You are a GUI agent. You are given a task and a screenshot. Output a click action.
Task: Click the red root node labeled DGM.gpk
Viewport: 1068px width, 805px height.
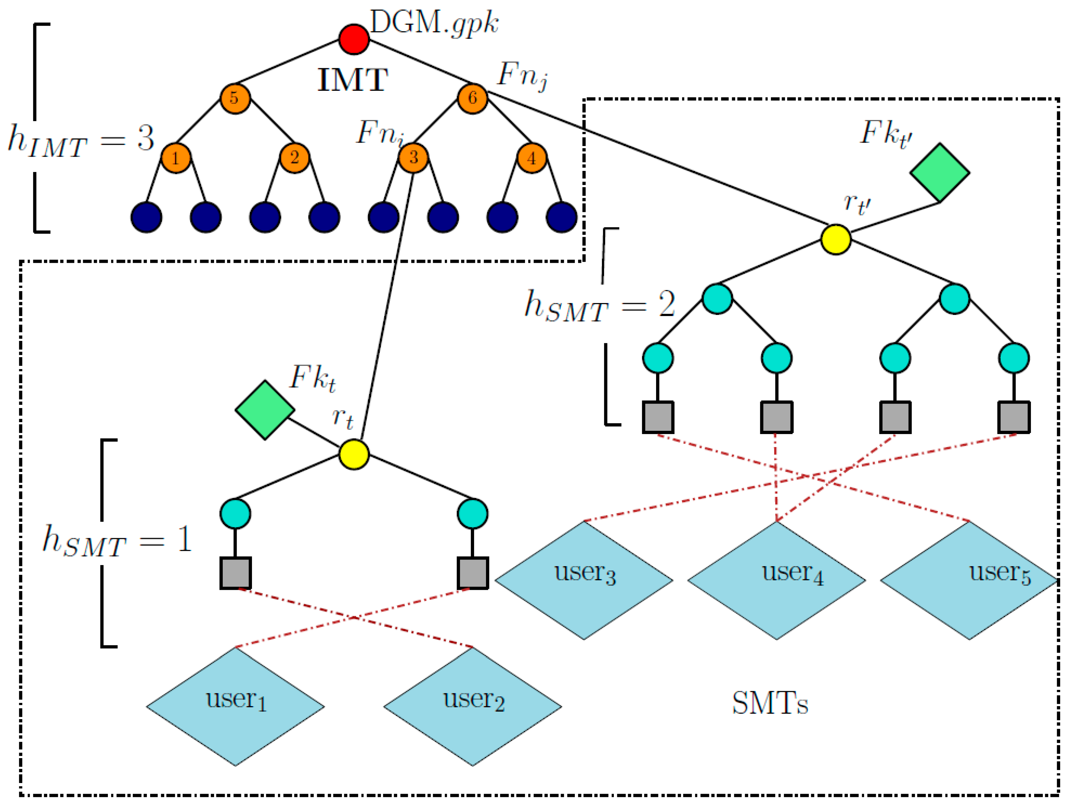click(x=354, y=39)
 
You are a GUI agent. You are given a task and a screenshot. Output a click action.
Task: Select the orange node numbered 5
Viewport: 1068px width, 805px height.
click(x=235, y=98)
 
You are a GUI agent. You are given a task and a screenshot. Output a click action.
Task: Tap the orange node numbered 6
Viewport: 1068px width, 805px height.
click(x=472, y=98)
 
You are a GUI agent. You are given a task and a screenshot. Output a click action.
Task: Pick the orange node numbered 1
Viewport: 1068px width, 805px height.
click(x=176, y=158)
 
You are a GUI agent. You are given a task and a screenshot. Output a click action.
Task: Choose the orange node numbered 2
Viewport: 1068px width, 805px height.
click(x=294, y=158)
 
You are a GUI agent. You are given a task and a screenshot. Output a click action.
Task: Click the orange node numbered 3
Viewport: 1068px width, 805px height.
click(x=413, y=158)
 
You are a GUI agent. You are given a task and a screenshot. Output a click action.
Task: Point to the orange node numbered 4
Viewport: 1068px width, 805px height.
click(x=532, y=158)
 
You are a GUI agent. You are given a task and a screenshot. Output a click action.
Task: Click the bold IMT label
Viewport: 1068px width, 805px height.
click(x=352, y=80)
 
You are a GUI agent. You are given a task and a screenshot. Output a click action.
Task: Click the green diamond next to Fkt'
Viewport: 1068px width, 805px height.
click(x=940, y=172)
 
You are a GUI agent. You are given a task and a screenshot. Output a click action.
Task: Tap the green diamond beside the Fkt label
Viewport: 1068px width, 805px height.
click(x=265, y=410)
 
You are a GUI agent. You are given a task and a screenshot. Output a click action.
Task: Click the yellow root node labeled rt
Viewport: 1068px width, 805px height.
click(x=354, y=454)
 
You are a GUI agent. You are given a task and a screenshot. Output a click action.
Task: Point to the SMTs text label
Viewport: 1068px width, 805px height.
click(x=770, y=704)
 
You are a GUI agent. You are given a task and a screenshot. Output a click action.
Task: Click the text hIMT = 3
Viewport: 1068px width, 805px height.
click(x=81, y=141)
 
